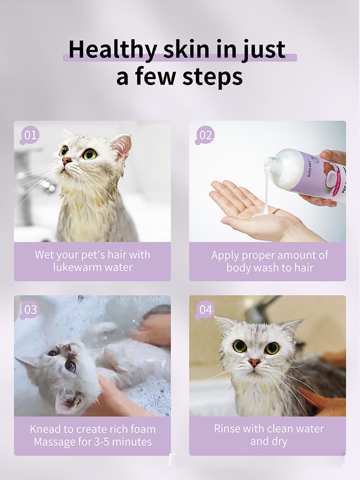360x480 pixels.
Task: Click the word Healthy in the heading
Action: point(113,50)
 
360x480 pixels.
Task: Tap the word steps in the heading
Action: point(213,77)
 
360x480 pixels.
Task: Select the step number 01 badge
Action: point(30,135)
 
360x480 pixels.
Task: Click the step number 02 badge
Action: point(205,135)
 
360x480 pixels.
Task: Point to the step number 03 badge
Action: point(30,309)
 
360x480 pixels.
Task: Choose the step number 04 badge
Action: point(205,309)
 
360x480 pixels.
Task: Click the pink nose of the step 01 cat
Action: point(66,160)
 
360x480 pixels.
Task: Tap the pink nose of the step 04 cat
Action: point(254,363)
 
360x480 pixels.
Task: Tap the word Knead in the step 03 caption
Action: point(45,429)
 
